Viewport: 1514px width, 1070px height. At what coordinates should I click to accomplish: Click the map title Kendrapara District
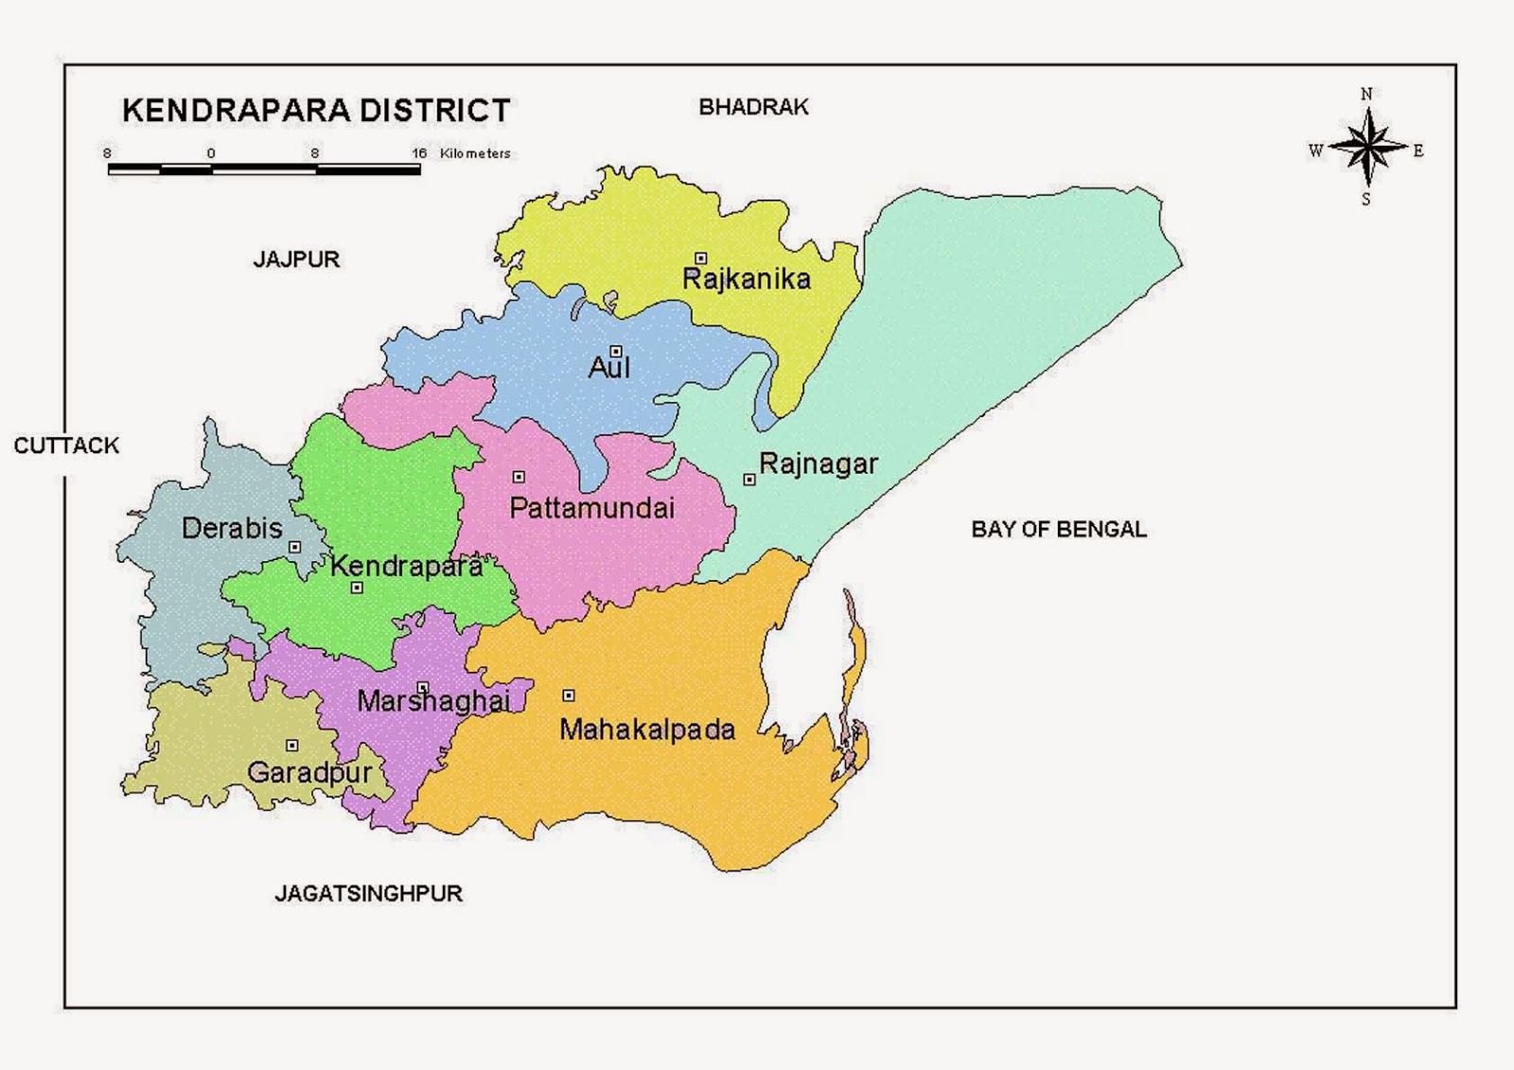tap(316, 111)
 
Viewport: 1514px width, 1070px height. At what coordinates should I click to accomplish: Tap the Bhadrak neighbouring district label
tap(753, 107)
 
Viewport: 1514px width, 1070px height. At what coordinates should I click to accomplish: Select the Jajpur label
tap(296, 259)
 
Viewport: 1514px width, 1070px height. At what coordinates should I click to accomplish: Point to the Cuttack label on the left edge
tap(66, 446)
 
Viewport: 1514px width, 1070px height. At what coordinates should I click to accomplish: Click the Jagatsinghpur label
tap(368, 893)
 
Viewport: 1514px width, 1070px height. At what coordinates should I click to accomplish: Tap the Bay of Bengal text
tap(1058, 529)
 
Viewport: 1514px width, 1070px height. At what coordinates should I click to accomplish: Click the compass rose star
tap(1366, 148)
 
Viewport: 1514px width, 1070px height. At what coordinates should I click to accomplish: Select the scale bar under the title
tap(264, 170)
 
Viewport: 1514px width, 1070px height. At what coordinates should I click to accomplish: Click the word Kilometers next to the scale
tap(475, 153)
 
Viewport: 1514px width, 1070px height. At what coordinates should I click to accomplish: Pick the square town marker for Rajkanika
tap(700, 258)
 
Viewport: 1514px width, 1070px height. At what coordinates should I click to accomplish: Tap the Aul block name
tap(608, 367)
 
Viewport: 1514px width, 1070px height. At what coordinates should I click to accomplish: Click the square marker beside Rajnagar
tap(749, 480)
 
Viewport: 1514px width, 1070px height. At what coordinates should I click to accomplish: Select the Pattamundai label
tap(591, 508)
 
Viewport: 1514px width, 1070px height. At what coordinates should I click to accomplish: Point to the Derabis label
tap(232, 528)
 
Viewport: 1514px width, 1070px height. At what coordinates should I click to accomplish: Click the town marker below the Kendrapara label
tap(357, 588)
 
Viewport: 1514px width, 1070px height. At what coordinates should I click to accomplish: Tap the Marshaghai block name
tap(433, 701)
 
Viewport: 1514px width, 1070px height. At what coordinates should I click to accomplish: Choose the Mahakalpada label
tap(647, 729)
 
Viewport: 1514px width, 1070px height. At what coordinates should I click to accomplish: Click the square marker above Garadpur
tap(291, 745)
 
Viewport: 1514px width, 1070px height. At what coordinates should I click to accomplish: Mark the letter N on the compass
tap(1366, 94)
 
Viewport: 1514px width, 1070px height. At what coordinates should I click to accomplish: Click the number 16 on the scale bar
tap(419, 153)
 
